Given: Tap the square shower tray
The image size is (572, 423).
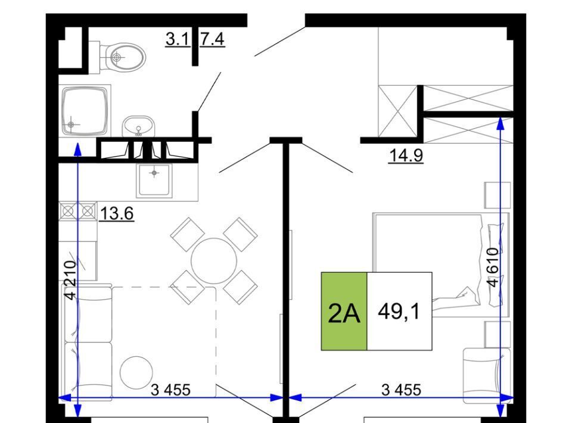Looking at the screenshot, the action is [85, 110].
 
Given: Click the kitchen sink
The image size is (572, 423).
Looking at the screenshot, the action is [154, 180].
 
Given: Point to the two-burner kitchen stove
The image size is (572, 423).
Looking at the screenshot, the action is [78, 211].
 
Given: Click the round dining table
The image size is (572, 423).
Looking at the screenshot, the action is [214, 261].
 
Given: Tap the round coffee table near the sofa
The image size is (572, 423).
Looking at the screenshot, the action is [136, 373].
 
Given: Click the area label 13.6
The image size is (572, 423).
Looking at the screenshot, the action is [116, 213].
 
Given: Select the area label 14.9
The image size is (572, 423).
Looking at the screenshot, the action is [406, 155].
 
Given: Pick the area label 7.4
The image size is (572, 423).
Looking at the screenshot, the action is [212, 39].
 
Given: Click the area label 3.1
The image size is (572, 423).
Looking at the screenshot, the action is [178, 39].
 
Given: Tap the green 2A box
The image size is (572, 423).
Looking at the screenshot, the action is [344, 311].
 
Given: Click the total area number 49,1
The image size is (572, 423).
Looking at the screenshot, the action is [399, 312].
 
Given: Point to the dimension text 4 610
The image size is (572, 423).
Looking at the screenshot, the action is [493, 268].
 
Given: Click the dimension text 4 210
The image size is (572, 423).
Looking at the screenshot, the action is [70, 280].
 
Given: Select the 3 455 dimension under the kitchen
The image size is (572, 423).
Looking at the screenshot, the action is [170, 390].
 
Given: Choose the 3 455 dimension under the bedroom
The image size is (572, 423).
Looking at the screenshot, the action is [401, 390].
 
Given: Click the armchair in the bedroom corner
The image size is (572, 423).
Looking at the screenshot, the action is [487, 376].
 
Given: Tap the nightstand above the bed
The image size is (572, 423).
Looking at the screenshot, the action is [498, 195].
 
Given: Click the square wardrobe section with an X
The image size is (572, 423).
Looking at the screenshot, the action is [398, 111].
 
